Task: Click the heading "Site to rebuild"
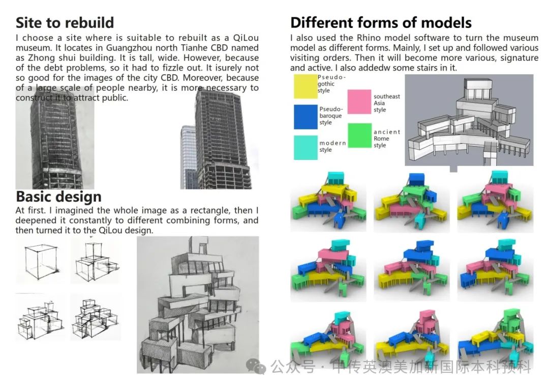click(x=65, y=23)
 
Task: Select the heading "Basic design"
click(x=58, y=197)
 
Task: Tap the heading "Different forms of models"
click(x=381, y=23)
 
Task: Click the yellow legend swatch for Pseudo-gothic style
click(x=306, y=86)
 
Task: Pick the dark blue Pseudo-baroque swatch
click(x=306, y=117)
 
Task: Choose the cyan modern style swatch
click(x=306, y=147)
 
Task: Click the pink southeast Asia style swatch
click(x=359, y=101)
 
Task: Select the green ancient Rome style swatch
click(x=359, y=135)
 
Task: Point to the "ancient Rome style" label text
click(x=387, y=138)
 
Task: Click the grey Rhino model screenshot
click(x=469, y=120)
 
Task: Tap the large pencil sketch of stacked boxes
click(x=197, y=304)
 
